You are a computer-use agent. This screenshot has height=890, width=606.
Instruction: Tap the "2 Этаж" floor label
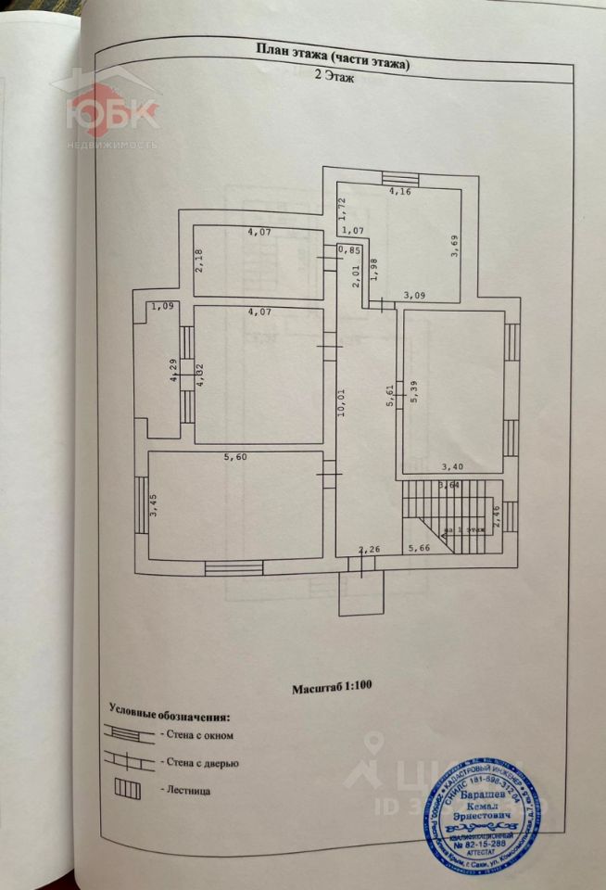[332, 80]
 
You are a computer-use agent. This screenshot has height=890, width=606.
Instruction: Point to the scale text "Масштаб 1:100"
[333, 689]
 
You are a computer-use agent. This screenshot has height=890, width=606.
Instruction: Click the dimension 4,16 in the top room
[399, 193]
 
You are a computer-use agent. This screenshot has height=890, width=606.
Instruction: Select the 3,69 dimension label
[454, 249]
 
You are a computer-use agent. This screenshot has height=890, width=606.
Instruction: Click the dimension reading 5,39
[413, 391]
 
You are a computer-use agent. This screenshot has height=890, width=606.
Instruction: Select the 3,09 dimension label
[413, 296]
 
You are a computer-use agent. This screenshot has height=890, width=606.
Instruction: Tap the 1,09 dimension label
[162, 305]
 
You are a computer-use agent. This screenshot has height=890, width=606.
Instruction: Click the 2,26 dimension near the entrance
[369, 548]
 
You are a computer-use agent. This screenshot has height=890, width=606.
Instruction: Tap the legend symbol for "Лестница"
[127, 791]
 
